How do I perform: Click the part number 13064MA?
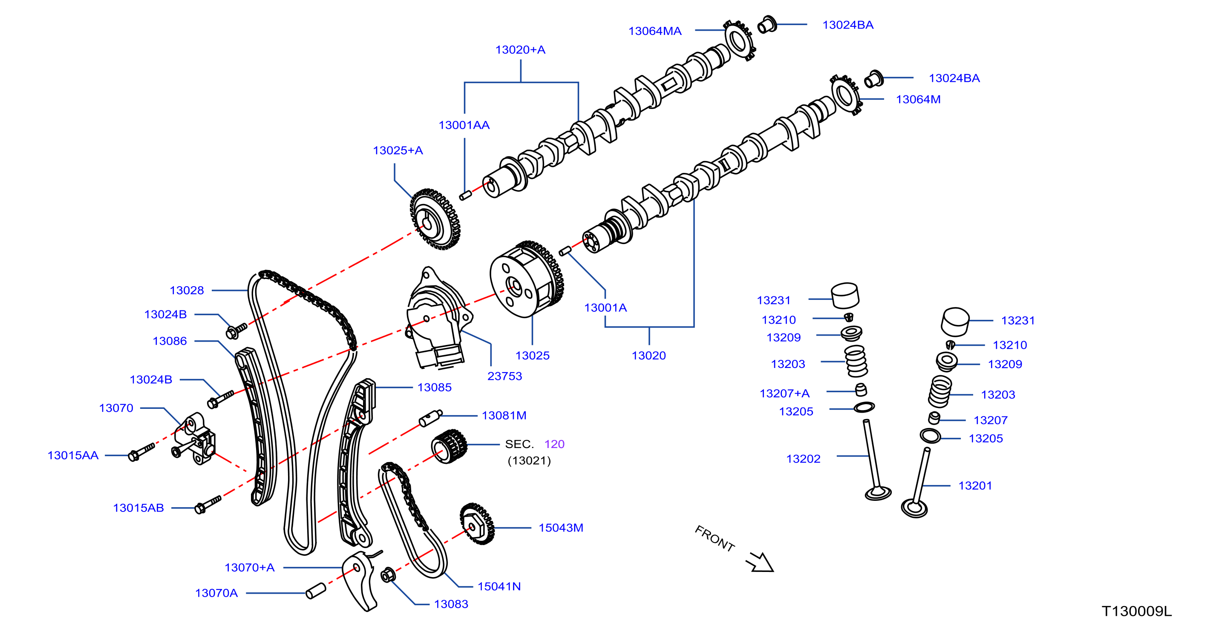pyautogui.click(x=654, y=31)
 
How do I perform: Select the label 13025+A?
pyautogui.click(x=398, y=150)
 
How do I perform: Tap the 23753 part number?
pyautogui.click(x=504, y=376)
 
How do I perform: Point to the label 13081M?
pyautogui.click(x=504, y=415)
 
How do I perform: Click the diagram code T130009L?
pyautogui.click(x=1137, y=611)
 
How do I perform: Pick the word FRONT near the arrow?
pyautogui.click(x=715, y=539)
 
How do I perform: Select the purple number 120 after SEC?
pyautogui.click(x=554, y=444)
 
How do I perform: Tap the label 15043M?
pyautogui.click(x=561, y=528)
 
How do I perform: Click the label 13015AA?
pyautogui.click(x=73, y=456)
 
